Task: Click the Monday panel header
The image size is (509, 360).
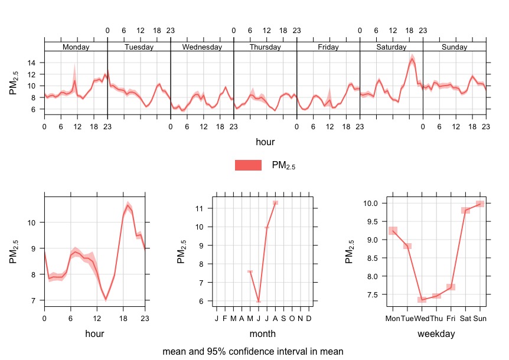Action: (x=76, y=47)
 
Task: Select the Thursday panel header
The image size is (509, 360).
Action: (x=265, y=47)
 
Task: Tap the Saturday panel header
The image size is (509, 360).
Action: (x=391, y=47)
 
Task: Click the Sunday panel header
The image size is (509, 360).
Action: (x=454, y=47)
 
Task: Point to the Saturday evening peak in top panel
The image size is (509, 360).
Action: (x=412, y=59)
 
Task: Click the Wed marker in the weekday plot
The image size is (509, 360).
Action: (x=422, y=299)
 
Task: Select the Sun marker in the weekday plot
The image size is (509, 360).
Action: (x=480, y=204)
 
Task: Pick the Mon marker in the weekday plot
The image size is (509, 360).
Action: (x=393, y=231)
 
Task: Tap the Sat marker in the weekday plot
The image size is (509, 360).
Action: (x=465, y=210)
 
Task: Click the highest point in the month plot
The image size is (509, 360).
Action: (x=275, y=203)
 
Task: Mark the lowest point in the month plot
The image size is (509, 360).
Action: (x=259, y=301)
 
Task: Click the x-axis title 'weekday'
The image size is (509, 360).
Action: (x=436, y=333)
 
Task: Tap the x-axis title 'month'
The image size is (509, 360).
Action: (x=263, y=333)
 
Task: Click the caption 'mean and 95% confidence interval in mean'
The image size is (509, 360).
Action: (x=253, y=351)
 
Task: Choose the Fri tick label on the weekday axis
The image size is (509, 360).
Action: (x=451, y=319)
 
